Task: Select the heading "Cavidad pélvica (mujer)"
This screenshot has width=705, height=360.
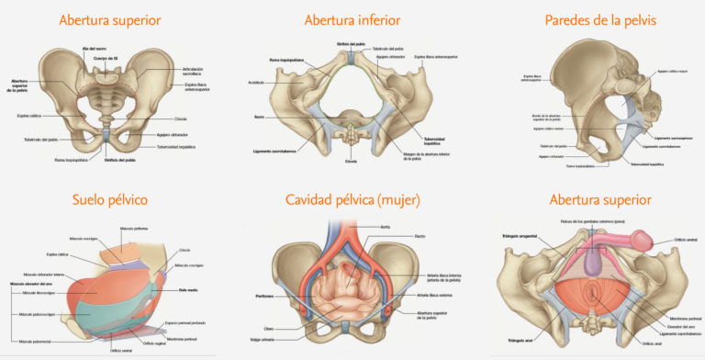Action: (352, 199)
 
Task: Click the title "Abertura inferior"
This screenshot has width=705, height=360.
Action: (352, 20)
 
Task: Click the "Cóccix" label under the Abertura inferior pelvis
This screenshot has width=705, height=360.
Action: (350, 162)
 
